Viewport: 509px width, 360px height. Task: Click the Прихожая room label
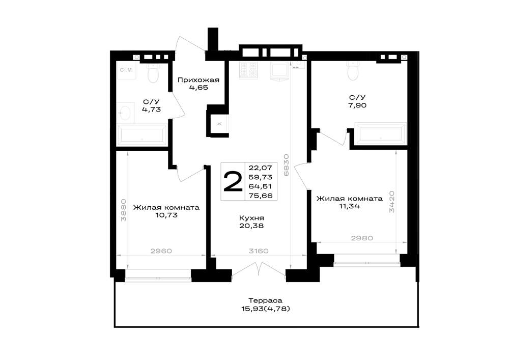(199, 80)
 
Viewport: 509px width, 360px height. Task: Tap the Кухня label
(251, 218)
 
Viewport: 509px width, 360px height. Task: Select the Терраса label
(266, 300)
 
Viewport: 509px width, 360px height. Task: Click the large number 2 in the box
(233, 181)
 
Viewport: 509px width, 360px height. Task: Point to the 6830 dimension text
(286, 165)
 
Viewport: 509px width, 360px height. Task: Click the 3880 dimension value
(123, 210)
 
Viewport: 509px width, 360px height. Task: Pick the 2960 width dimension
(161, 251)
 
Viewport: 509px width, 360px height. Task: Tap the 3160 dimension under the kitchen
(259, 251)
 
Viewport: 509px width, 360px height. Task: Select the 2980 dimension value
(362, 238)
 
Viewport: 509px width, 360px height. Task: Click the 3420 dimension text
(392, 202)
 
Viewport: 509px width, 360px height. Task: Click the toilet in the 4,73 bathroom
(153, 73)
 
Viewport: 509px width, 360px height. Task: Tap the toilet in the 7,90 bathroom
(353, 70)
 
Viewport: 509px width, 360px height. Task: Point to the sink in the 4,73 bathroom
(125, 113)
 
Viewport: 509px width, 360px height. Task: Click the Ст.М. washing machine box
(126, 70)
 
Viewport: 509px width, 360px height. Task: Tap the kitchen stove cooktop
(249, 70)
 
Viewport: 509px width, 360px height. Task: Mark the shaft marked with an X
(219, 124)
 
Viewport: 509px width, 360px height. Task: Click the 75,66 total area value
(260, 196)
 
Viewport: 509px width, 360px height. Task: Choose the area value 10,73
(166, 215)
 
